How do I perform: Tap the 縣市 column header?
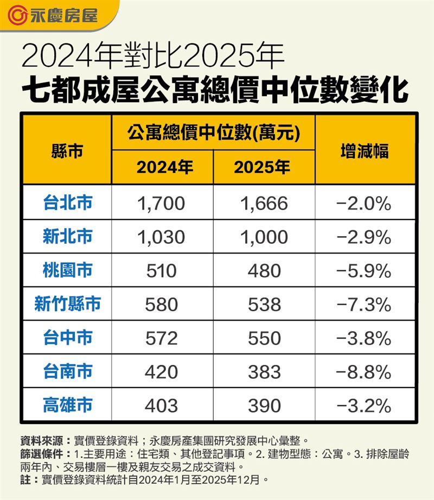pos(67,150)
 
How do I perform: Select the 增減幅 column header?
pos(365,150)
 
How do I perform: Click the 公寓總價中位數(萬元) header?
pos(213,132)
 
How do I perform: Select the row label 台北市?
pos(67,202)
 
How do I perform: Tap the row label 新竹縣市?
pos(67,303)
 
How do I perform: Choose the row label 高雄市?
pos(67,404)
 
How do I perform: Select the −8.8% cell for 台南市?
pos(364,372)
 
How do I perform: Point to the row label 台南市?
pos(67,371)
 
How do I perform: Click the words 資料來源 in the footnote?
pos(36,440)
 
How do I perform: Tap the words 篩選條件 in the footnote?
pos(36,453)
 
